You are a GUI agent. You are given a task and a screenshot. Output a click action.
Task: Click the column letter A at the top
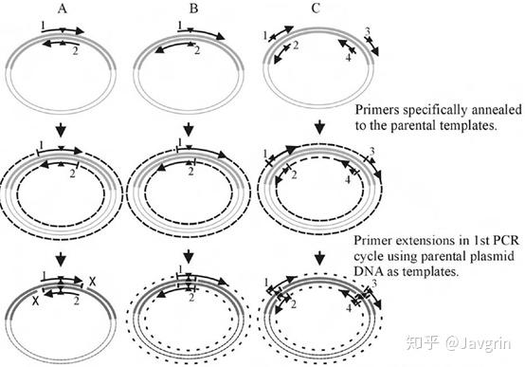[62, 9]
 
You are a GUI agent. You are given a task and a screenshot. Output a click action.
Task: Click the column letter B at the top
[193, 9]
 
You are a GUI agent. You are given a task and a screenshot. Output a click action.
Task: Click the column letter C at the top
[316, 9]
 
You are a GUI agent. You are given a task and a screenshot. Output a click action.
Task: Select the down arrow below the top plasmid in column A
[61, 129]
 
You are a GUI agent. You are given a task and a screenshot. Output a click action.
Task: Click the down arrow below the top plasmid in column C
[320, 127]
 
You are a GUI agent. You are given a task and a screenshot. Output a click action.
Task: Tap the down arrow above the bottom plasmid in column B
[189, 257]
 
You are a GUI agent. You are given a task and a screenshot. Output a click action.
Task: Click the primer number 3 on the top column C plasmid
[368, 32]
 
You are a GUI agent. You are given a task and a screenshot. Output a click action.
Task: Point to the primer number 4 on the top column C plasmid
[348, 58]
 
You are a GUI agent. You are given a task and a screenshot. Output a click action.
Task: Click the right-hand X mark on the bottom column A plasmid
[92, 282]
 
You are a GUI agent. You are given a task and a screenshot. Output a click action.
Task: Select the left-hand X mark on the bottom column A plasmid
[35, 301]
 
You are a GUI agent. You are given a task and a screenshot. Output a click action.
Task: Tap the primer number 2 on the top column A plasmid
[75, 51]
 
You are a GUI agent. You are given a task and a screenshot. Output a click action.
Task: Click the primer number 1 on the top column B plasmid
[180, 26]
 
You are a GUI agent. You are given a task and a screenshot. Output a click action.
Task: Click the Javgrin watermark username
[479, 344]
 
